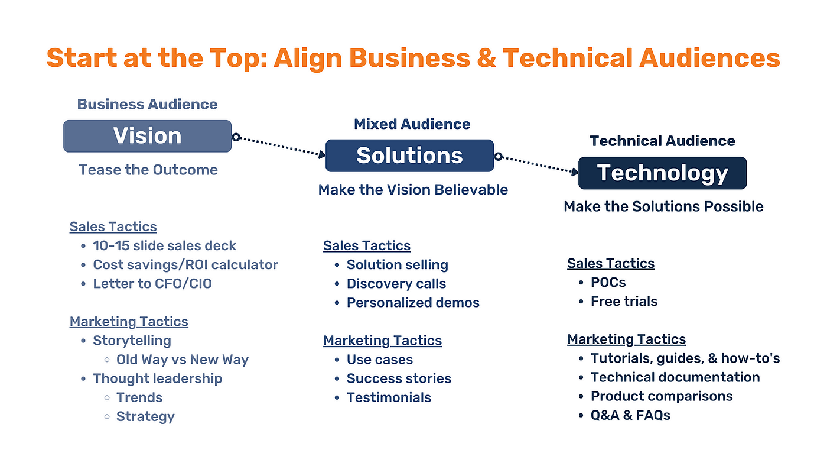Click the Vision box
(x=147, y=136)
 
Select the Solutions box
(x=409, y=156)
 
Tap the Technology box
(x=662, y=173)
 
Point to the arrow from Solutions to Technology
(x=538, y=165)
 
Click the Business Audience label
(x=147, y=105)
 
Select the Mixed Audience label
(x=412, y=124)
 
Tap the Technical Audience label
(x=662, y=141)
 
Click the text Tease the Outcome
(x=148, y=170)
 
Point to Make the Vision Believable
(x=413, y=190)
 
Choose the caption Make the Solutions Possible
(x=663, y=206)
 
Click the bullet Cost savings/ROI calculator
(x=185, y=265)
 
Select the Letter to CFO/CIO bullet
(x=152, y=284)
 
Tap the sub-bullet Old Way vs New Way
(x=183, y=360)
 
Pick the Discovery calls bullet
(x=396, y=284)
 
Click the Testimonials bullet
(x=389, y=397)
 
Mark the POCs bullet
(x=608, y=283)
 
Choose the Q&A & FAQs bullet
(x=630, y=415)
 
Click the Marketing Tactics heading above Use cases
(x=382, y=341)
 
